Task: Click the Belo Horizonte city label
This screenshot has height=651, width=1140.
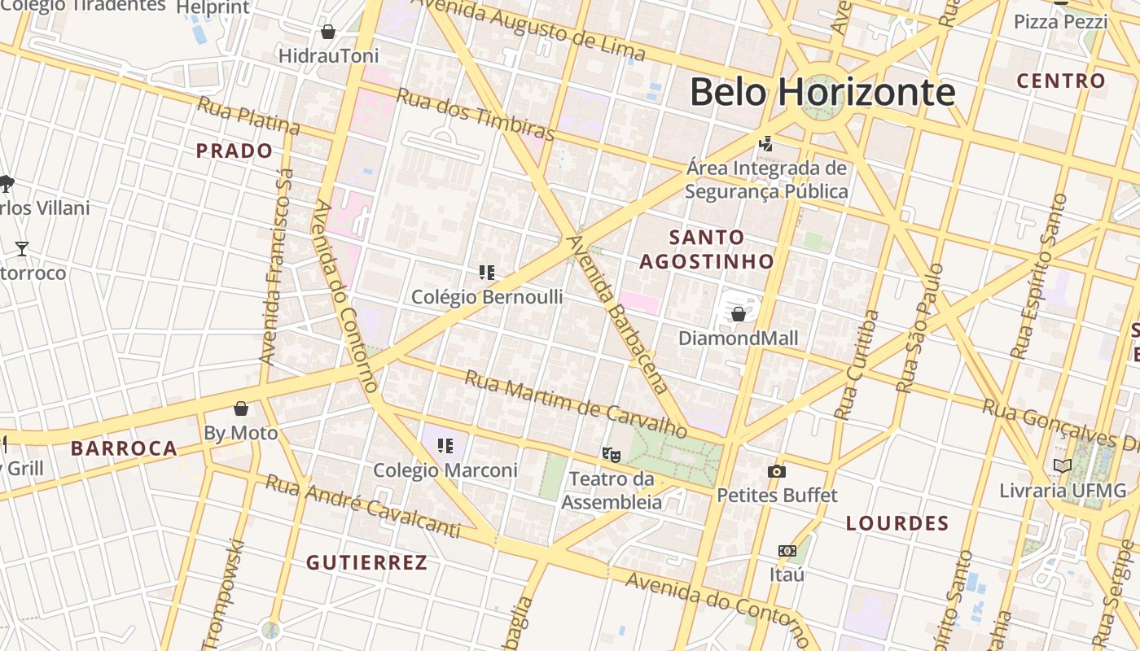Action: coord(822,92)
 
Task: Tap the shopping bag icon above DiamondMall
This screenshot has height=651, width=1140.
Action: coord(739,313)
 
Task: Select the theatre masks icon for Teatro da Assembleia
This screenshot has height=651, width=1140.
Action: coord(611,454)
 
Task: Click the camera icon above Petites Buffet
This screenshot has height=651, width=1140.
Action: coord(777,471)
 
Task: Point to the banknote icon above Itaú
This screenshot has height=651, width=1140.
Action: coord(787,551)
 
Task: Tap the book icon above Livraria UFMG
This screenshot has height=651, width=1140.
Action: coord(1063,465)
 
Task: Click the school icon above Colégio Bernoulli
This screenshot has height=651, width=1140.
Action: coord(487,273)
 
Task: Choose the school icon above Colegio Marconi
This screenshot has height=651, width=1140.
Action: coord(445,445)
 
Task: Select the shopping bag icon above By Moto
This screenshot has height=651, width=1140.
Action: coord(241,408)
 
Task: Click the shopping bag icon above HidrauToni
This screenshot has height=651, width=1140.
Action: coord(328,32)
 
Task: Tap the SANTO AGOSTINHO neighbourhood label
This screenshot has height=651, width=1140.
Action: coord(706,249)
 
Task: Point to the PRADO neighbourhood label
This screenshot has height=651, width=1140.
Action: coord(235,151)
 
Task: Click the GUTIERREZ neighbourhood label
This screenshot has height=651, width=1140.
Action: coord(366,562)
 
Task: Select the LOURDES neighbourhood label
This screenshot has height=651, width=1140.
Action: coord(897,523)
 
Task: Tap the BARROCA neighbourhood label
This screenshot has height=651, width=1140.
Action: coord(124,448)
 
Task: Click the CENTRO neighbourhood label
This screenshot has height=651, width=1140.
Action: coord(1062,81)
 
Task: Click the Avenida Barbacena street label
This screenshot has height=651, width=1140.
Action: coord(618,314)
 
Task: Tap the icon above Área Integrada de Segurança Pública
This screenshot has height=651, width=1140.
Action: coord(765,144)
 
